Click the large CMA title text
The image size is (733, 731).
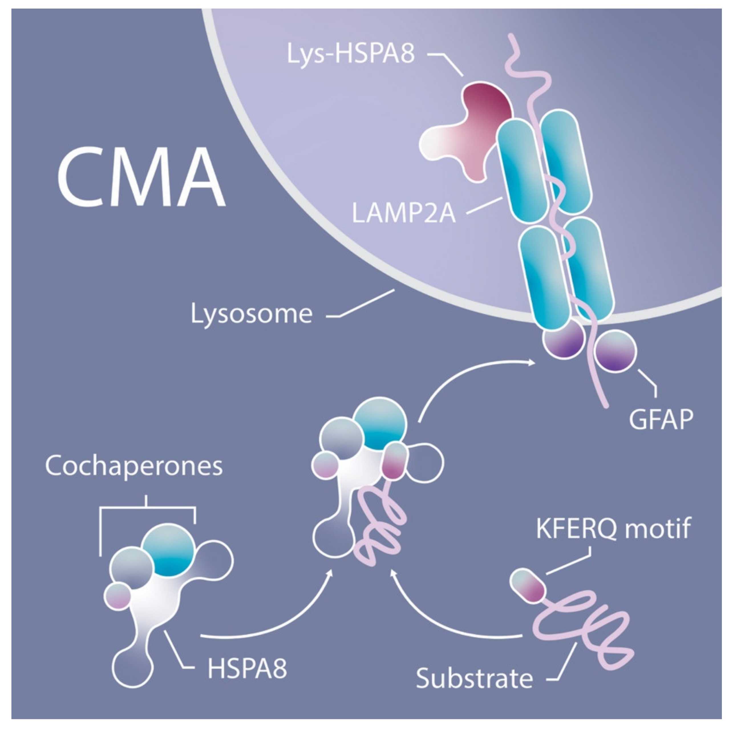(141, 177)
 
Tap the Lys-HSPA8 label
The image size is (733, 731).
(350, 54)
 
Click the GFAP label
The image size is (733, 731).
(661, 420)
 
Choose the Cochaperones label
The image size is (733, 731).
(133, 466)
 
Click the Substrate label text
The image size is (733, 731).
(474, 678)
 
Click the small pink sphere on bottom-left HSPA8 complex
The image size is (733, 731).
(118, 596)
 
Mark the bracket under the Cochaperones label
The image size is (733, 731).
(147, 507)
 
